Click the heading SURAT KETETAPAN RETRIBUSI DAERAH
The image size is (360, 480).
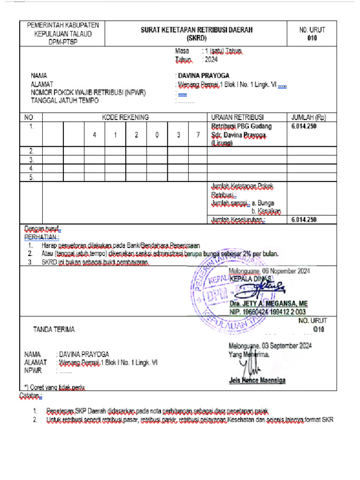197,30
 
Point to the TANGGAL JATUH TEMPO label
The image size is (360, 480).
65,100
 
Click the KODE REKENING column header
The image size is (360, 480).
125,117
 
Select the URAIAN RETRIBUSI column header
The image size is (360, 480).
238,117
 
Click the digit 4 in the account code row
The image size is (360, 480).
95,135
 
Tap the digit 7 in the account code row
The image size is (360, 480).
198,135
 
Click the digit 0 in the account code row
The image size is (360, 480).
157,135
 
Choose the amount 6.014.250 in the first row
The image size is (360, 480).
304,126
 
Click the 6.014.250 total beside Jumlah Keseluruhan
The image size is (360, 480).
304,219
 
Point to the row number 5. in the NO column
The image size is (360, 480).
32,177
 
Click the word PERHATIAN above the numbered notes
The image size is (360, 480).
42,237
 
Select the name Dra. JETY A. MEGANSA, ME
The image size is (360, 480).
269,304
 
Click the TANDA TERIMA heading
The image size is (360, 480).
53,330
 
